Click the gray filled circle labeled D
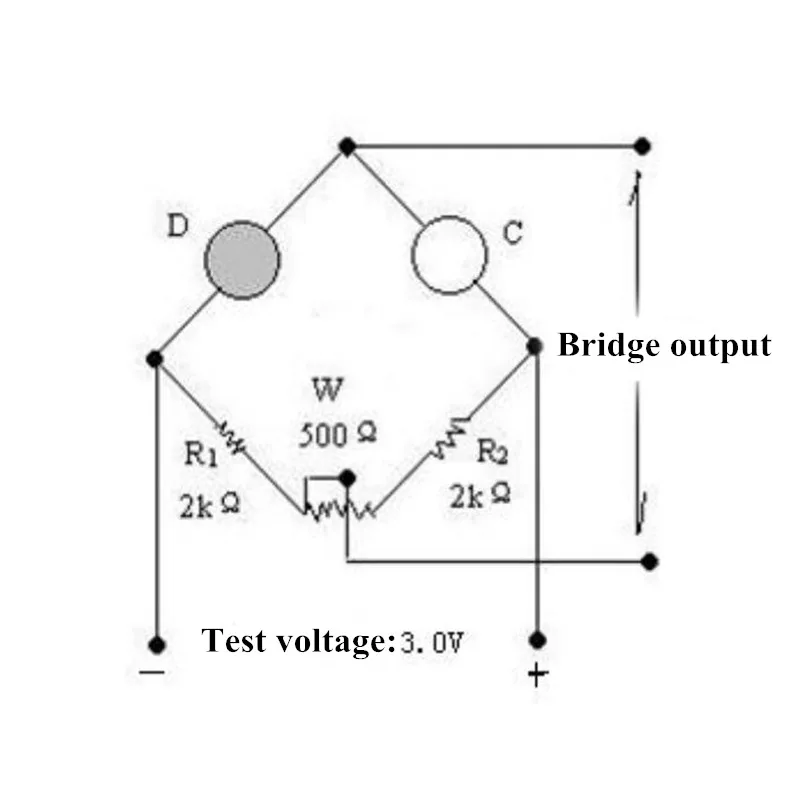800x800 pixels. (x=242, y=260)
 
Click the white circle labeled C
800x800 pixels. (x=449, y=255)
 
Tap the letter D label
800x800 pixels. (x=178, y=226)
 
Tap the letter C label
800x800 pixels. (x=513, y=233)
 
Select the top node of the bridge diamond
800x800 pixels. (x=347, y=146)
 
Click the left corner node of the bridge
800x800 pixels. (x=155, y=359)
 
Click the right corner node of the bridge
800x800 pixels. (x=534, y=346)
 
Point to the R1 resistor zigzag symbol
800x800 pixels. (x=233, y=437)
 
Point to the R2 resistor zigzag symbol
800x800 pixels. (x=450, y=437)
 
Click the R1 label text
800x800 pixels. (x=201, y=454)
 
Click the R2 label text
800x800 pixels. (x=492, y=452)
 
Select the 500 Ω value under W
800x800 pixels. (x=337, y=436)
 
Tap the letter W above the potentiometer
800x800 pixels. (x=327, y=390)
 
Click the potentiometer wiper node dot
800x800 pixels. (x=347, y=478)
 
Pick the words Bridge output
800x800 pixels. (x=664, y=346)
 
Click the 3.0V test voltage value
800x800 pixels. (x=432, y=642)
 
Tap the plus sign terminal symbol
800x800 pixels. (x=538, y=675)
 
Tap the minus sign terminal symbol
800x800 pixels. (x=152, y=672)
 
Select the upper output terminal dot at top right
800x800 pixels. (x=642, y=146)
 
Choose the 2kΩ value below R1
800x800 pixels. (x=210, y=506)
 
